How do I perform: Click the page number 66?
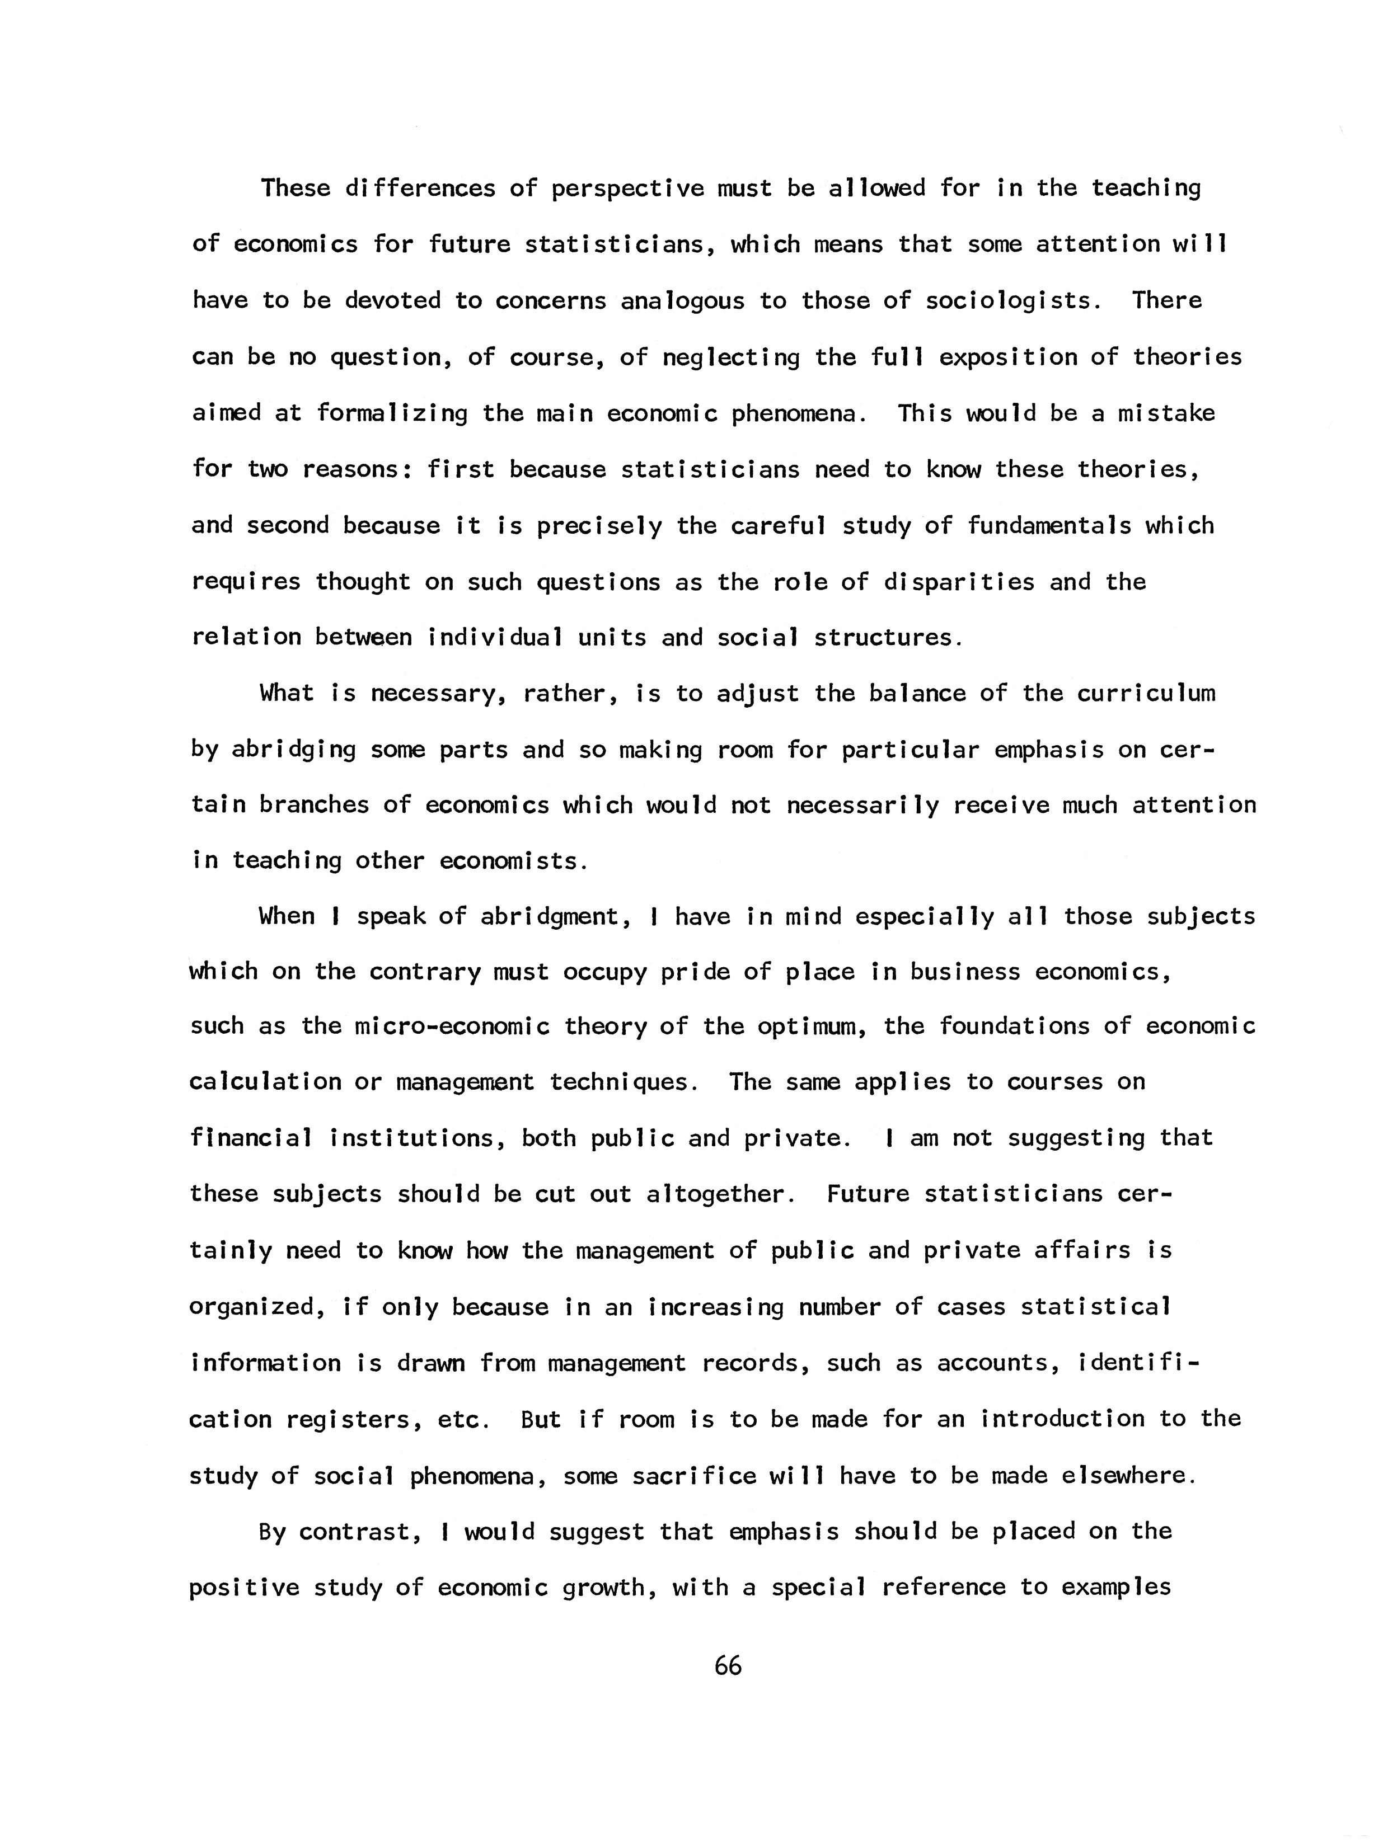point(727,1667)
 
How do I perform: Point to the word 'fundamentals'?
point(1049,526)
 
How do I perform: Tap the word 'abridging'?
point(293,750)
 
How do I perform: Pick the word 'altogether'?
point(715,1195)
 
